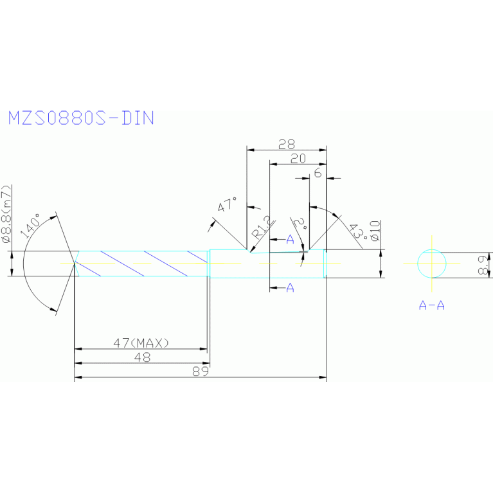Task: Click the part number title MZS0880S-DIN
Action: (x=81, y=118)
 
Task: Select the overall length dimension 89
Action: (x=201, y=372)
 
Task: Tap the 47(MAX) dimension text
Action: (x=141, y=343)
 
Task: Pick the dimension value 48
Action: (x=142, y=358)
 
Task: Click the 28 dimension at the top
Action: (x=286, y=144)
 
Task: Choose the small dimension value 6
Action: (x=317, y=174)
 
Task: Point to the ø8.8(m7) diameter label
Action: (x=6, y=215)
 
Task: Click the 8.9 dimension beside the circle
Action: (x=485, y=264)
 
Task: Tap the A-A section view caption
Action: (x=432, y=305)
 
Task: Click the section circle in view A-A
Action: (x=432, y=264)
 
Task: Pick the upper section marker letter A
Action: (x=290, y=240)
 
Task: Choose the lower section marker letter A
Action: (x=290, y=287)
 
